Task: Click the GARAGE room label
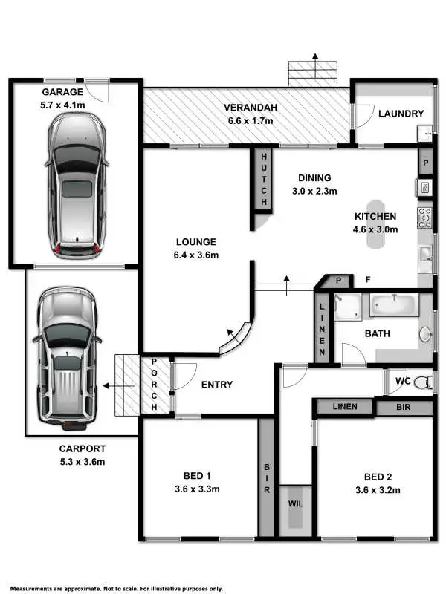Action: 62,91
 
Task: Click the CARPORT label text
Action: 83,448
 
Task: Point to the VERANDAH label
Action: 251,108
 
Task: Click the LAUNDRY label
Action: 401,114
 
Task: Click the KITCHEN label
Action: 375,216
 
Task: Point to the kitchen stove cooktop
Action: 425,217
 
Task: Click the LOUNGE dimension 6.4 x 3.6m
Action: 196,255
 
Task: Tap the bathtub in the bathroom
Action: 394,304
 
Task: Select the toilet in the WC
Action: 422,384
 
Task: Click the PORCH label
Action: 155,385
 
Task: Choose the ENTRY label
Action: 217,385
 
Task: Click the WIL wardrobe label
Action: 296,503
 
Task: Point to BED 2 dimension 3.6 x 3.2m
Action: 375,489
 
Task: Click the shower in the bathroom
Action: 346,307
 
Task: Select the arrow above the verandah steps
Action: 315,58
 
